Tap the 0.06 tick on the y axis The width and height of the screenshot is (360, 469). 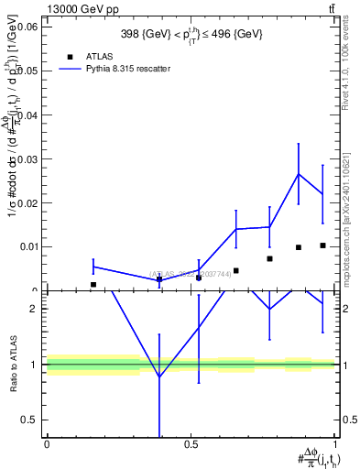coord(27,27)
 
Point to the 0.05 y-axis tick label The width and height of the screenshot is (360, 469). coord(27,71)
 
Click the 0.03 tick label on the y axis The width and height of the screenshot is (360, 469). coord(27,158)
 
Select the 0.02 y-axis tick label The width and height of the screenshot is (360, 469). coord(27,202)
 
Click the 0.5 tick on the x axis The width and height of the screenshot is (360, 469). coord(191,445)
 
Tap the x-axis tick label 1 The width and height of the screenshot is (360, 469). coord(335,445)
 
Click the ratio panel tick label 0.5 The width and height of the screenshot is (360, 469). coord(29,420)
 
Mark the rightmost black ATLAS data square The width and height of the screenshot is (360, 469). coord(322,245)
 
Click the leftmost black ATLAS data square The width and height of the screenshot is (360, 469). coord(93,285)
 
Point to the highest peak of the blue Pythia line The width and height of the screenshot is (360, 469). coord(299,174)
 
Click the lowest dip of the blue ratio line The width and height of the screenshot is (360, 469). coord(159,376)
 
